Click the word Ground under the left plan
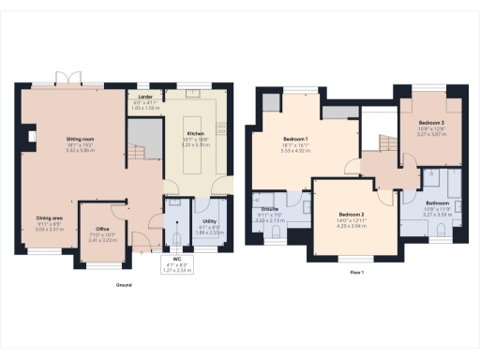[x=124, y=284]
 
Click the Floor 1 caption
[x=357, y=272]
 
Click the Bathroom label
[x=438, y=203]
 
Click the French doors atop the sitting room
[x=67, y=79]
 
